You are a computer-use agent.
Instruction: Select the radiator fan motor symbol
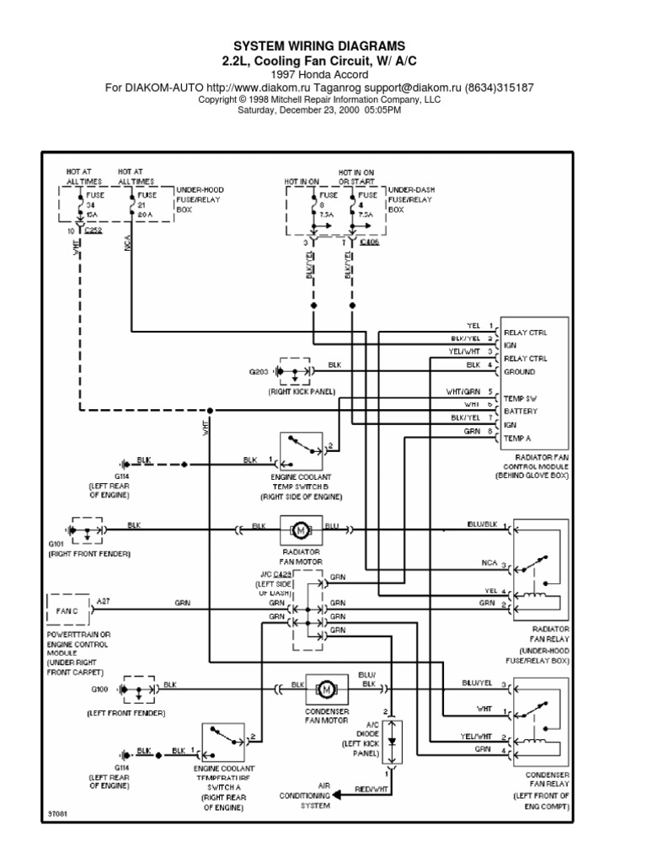301,529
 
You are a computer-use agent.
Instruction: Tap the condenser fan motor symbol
325,689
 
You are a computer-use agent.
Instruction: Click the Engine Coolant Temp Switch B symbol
301,451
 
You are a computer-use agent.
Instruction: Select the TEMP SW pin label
520,396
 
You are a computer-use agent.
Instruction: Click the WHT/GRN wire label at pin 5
463,391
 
